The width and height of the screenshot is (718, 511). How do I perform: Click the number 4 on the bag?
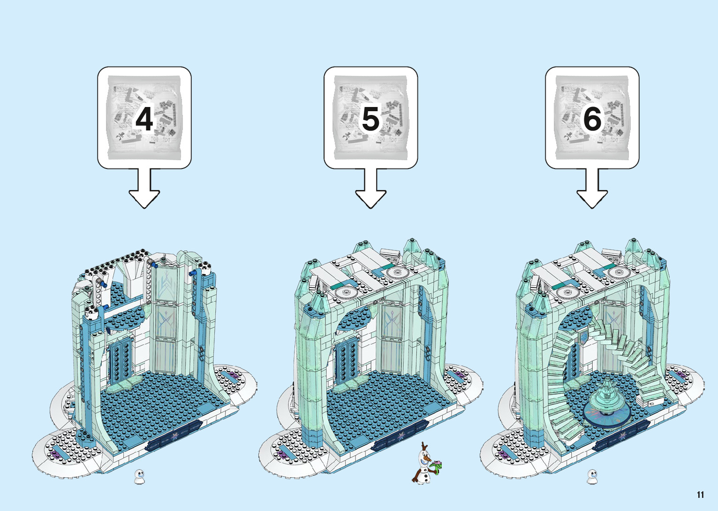(144, 119)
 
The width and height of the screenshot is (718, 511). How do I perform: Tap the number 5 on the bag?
(370, 119)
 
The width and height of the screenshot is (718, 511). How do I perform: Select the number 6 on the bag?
(592, 119)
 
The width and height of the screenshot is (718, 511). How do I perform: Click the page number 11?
(700, 495)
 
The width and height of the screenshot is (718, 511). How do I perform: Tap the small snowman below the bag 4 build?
(139, 476)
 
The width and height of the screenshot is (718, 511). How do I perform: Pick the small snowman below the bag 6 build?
(592, 476)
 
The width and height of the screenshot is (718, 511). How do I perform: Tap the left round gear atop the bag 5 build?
(346, 293)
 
